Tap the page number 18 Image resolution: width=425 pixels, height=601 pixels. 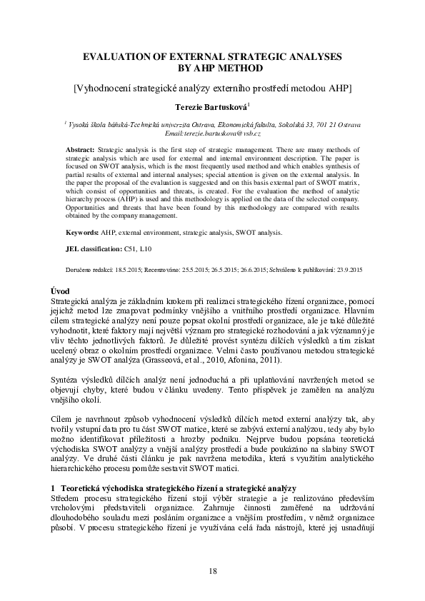(212, 570)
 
